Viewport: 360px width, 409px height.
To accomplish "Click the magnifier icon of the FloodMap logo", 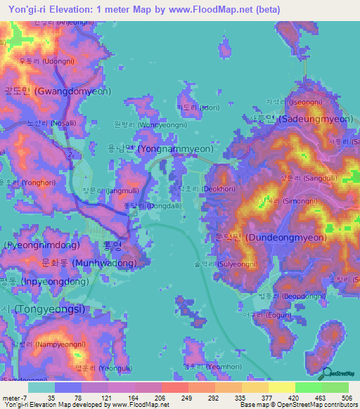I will (324, 375).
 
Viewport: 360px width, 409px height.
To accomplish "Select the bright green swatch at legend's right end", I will (335, 387).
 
